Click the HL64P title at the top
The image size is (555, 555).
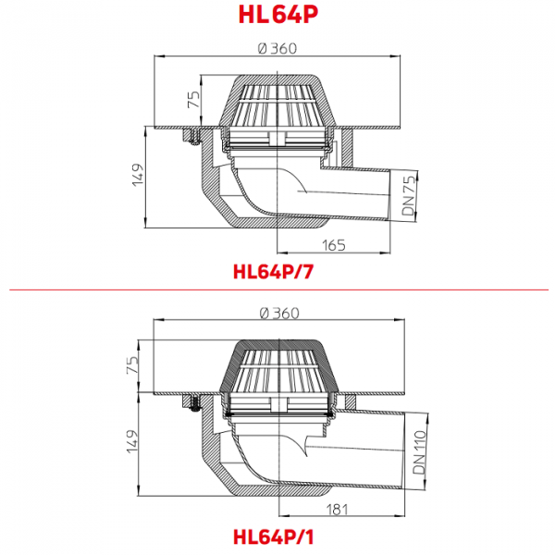point(278,15)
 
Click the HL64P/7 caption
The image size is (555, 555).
point(273,272)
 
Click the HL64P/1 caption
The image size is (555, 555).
point(273,536)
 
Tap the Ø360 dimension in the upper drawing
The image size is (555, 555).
point(277,48)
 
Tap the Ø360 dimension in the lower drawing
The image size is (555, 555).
point(279,314)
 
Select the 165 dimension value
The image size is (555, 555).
point(333,245)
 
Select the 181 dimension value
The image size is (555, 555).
point(337,510)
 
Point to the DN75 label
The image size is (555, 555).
point(408,196)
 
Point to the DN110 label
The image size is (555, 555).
point(419,452)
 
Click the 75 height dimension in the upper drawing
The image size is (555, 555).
point(194,100)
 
